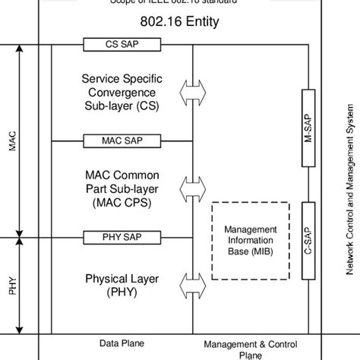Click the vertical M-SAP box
click(308, 128)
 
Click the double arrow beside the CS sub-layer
click(193, 92)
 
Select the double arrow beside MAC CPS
click(193, 187)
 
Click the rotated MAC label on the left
click(12, 141)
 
